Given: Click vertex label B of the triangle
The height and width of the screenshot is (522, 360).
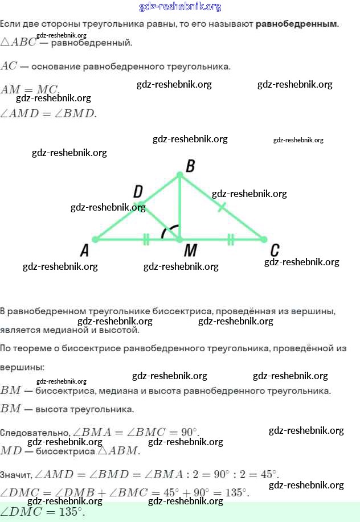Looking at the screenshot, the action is [x=190, y=166].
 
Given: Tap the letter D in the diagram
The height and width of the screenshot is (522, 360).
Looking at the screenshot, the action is [x=138, y=192].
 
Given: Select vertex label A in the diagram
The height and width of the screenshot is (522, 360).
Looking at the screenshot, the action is [x=84, y=250].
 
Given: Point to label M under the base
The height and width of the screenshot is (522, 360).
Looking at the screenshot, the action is [x=190, y=250].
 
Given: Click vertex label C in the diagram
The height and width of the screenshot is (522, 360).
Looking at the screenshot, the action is [x=275, y=250].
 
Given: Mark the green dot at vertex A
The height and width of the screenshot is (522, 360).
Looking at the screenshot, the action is [x=95, y=239].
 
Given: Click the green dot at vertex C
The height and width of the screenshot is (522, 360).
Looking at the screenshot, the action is [x=264, y=239].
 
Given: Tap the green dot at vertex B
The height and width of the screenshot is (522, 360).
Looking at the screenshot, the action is [x=180, y=175].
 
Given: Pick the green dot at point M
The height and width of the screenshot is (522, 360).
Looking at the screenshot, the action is [x=180, y=239].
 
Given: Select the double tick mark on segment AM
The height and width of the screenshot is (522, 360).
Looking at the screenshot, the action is [x=146, y=239].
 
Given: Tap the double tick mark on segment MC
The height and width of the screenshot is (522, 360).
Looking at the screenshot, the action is [x=231, y=239].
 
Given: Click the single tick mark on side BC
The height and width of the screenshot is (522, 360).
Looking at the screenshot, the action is [x=222, y=207].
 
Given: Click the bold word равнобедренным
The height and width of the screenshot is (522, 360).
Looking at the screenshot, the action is [x=296, y=24].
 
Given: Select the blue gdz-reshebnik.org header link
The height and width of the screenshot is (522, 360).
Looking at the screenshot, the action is [x=180, y=7].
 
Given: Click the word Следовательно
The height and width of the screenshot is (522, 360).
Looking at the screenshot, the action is [x=35, y=433].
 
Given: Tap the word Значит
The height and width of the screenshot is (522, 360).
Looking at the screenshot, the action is [x=16, y=474].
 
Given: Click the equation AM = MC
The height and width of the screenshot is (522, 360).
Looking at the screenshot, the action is [x=30, y=89].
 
